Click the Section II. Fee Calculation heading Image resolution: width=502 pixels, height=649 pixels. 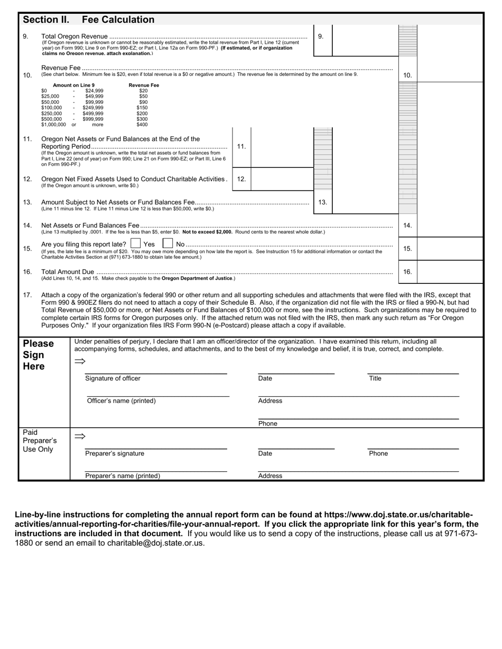88,20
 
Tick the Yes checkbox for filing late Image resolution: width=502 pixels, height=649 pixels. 135,244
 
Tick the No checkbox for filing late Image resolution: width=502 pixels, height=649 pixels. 168,244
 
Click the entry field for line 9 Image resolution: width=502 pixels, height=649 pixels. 365,40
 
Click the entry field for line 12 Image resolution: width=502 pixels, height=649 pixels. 282,179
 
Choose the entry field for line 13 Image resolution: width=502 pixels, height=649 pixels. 365,202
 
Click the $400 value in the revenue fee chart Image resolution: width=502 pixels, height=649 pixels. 142,125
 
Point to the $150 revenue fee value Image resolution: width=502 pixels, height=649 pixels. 142,108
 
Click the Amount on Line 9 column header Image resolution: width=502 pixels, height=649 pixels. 74,85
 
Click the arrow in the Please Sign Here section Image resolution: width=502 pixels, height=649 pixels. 80,361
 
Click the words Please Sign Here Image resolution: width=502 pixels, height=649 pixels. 38,355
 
